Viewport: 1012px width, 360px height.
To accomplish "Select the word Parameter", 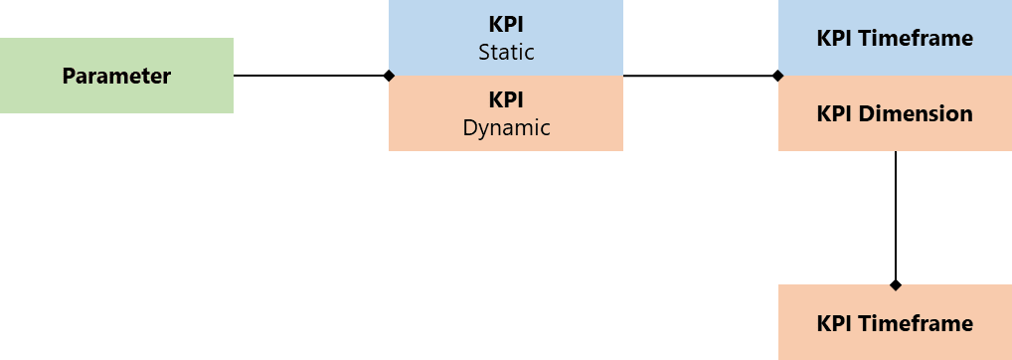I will (116, 76).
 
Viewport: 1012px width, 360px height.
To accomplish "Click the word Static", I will (506, 51).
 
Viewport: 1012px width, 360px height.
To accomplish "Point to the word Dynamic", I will (506, 127).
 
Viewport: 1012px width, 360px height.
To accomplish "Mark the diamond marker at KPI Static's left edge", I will (389, 76).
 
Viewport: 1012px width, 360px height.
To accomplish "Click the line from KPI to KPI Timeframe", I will (699, 76).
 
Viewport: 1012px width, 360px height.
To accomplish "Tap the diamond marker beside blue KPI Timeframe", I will (778, 76).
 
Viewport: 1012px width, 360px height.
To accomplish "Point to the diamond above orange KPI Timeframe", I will (896, 284).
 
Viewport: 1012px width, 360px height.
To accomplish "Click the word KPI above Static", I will (506, 24).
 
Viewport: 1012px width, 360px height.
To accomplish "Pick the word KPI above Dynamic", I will (506, 99).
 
